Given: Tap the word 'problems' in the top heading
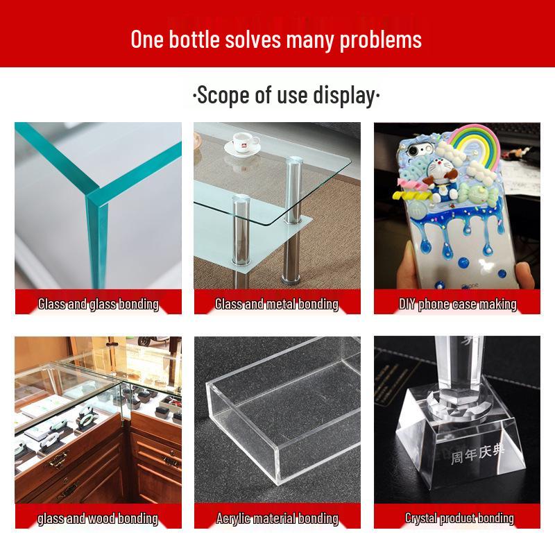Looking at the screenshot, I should point(380,39).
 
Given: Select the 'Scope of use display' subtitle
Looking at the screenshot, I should point(286,95).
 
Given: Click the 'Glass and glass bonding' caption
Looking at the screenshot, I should point(99,304).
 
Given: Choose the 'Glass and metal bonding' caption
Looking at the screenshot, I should point(277,304).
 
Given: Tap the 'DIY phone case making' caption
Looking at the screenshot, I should point(457,304).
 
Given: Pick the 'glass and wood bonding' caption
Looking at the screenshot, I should point(99,518).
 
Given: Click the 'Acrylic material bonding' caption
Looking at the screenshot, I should point(277,518).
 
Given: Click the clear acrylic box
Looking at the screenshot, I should point(277,423).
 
